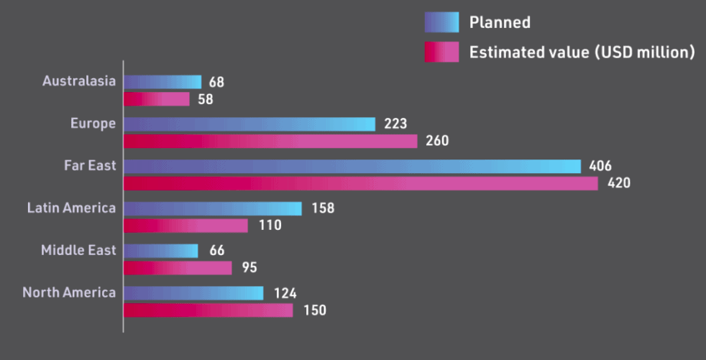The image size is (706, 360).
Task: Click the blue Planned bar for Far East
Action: [x=352, y=167]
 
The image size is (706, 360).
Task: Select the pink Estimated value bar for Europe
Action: [x=270, y=141]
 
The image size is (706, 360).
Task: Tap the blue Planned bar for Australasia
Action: [x=162, y=82]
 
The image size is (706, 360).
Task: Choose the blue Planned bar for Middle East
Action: [x=160, y=251]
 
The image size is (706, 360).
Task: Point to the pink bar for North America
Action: [x=208, y=310]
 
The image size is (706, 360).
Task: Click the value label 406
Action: [x=600, y=167]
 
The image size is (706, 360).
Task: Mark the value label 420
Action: [x=618, y=183]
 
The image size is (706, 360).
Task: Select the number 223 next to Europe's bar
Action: [x=395, y=124]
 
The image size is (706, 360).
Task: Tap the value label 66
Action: [x=216, y=251]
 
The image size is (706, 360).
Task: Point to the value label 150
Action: [x=314, y=310]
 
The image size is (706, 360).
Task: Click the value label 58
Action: [x=206, y=99]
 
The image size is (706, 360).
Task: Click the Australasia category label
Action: [x=79, y=81]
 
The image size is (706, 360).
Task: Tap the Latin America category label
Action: [x=71, y=208]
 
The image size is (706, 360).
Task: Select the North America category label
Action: [x=69, y=292]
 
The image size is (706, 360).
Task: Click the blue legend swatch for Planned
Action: [x=441, y=22]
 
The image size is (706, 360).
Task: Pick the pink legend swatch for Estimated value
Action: [x=441, y=52]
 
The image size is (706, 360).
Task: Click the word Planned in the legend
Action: [x=500, y=22]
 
